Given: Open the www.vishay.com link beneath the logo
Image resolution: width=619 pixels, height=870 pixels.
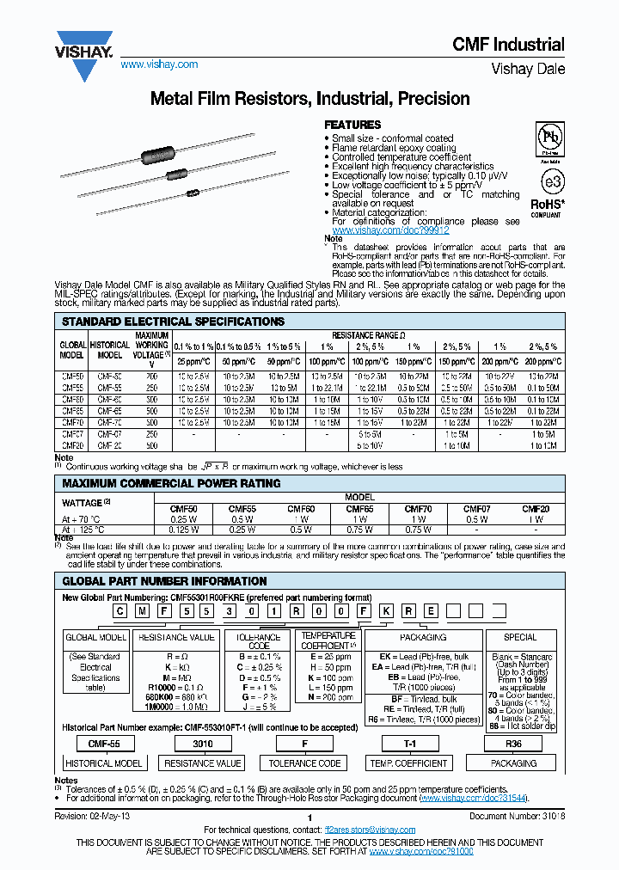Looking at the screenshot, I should (x=159, y=64).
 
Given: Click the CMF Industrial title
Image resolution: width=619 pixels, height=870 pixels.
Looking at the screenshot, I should (x=508, y=45).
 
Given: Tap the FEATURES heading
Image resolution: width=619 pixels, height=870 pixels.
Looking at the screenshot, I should (x=352, y=125).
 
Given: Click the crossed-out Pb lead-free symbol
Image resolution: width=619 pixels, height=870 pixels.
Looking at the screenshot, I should (x=549, y=138).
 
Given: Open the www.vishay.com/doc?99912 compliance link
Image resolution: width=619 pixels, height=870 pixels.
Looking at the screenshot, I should (x=390, y=230).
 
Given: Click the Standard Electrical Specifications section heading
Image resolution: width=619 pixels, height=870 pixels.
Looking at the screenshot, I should (x=173, y=322).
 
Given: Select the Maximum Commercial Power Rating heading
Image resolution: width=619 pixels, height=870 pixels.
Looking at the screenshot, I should (x=171, y=483).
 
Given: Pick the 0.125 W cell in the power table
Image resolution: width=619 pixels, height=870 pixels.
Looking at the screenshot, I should (x=183, y=530).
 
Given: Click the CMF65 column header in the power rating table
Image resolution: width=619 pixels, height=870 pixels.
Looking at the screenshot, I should (x=359, y=509).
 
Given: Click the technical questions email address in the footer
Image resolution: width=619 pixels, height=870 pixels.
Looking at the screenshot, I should (x=370, y=830).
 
